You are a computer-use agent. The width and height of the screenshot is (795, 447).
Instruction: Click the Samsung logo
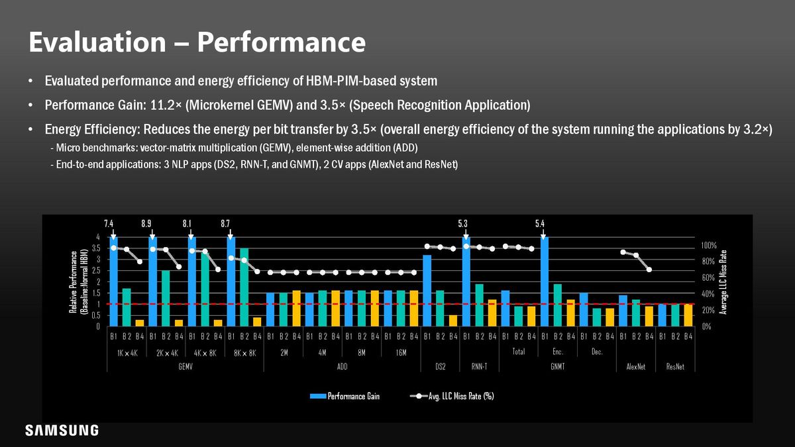(62, 430)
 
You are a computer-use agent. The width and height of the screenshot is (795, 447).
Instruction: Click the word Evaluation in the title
(97, 42)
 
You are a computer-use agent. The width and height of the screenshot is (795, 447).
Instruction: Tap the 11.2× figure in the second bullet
(166, 105)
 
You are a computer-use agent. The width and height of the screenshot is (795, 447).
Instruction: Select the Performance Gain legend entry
(344, 396)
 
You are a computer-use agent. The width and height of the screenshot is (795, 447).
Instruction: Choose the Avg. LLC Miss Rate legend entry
(452, 396)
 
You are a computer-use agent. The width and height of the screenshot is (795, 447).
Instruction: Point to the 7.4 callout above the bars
(109, 224)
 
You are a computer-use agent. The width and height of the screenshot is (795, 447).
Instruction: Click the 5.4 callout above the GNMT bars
(540, 224)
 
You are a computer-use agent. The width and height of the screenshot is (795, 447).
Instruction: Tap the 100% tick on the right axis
(709, 245)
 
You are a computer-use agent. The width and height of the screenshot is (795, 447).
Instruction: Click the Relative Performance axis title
(78, 282)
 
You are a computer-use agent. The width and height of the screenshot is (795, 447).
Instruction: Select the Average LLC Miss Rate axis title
(723, 282)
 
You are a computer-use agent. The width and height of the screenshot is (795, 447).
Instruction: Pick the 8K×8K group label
(245, 354)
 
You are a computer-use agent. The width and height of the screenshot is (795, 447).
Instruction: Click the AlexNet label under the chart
(636, 367)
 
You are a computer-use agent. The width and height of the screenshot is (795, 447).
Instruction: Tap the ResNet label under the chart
(675, 367)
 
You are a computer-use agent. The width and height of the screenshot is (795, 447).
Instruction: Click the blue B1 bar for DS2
(427, 291)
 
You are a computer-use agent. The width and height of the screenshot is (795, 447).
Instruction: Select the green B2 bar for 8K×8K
(244, 287)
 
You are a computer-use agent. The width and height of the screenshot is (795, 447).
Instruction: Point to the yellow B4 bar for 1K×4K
(140, 323)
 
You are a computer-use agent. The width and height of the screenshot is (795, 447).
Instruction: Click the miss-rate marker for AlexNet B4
(649, 270)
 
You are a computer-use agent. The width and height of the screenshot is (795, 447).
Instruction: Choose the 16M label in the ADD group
(401, 353)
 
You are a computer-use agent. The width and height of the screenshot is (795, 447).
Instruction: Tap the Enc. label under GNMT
(558, 352)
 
